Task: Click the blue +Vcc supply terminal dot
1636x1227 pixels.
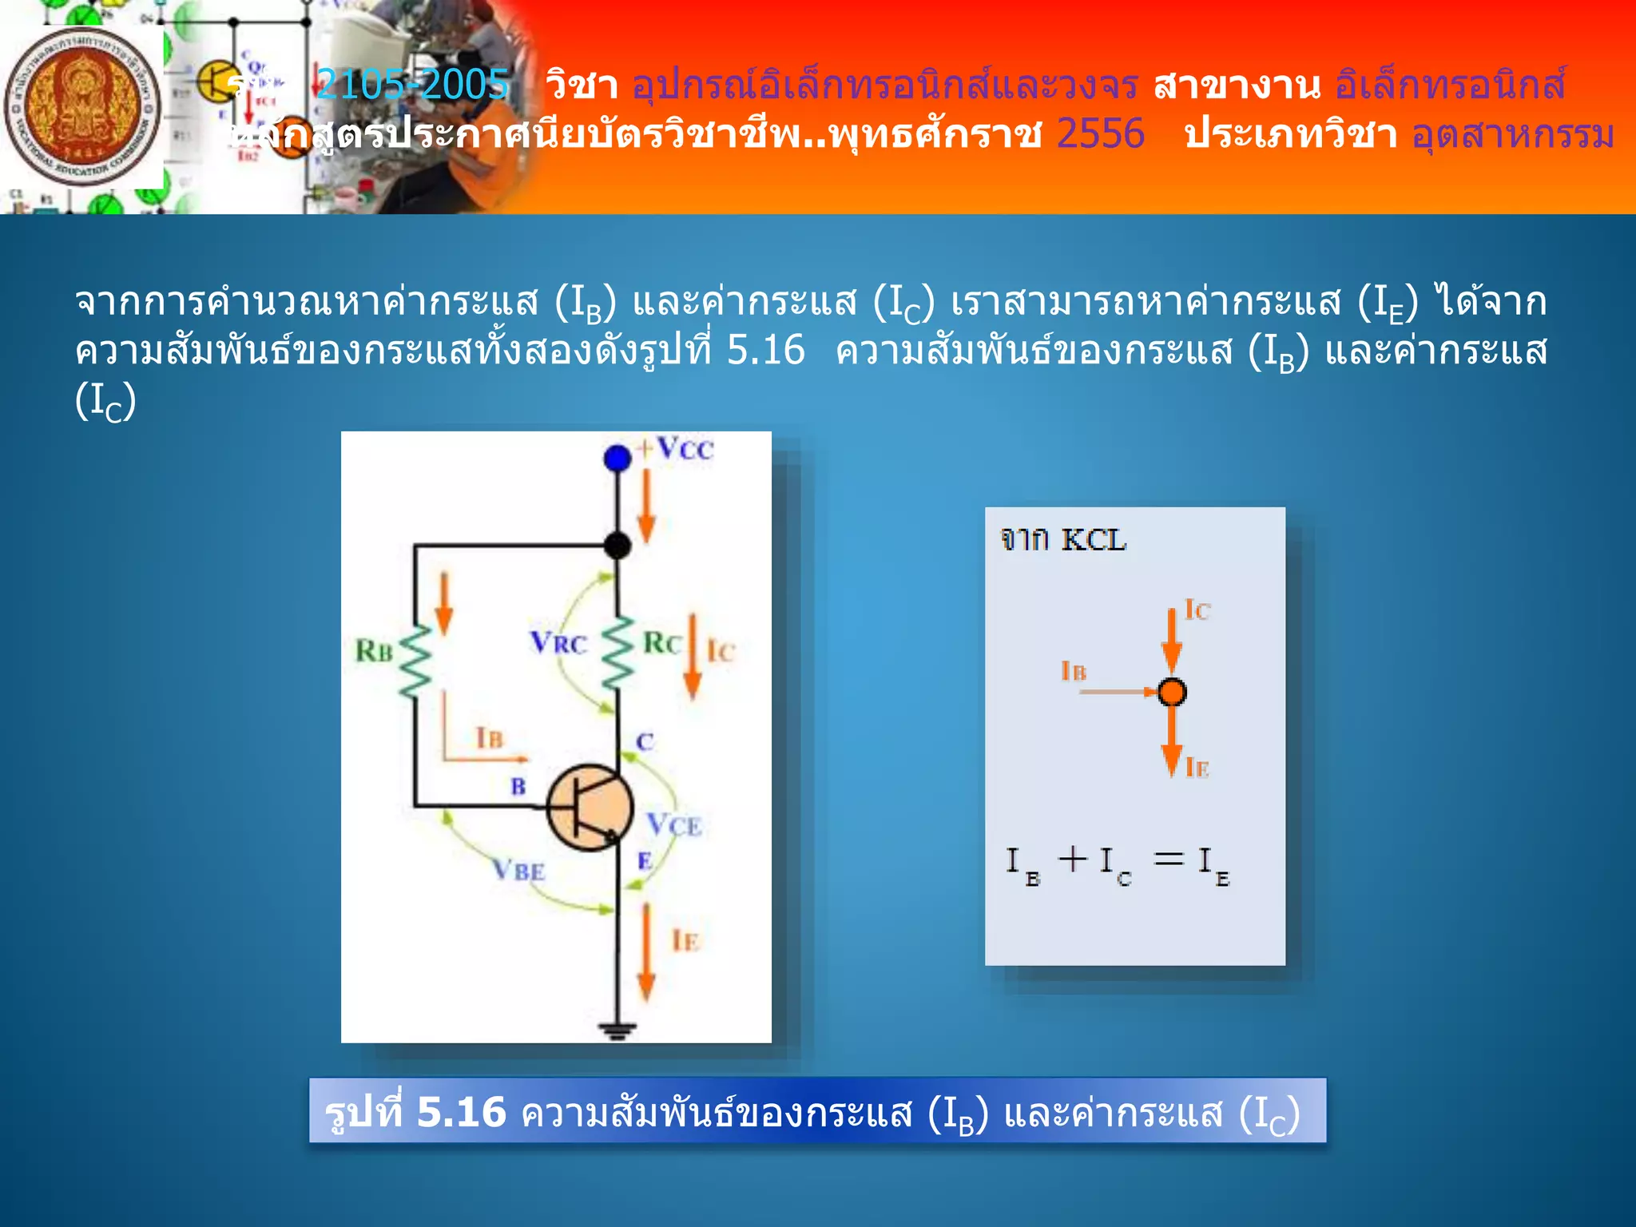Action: click(617, 459)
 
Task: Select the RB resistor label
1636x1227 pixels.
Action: click(374, 651)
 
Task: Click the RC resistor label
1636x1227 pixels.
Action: click(662, 643)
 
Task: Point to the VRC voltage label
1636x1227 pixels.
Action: click(558, 642)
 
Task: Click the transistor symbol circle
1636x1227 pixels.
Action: click(590, 808)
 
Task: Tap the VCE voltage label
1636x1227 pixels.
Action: click(674, 824)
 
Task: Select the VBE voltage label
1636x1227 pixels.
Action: click(518, 870)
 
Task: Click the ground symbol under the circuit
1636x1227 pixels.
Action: click(617, 1030)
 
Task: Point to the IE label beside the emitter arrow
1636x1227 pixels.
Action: click(685, 940)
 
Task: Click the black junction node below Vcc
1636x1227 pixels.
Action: click(617, 546)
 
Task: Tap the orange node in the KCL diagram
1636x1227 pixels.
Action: click(1172, 692)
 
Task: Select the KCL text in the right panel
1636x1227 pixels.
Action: click(1094, 541)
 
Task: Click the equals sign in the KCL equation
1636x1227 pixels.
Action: click(1169, 860)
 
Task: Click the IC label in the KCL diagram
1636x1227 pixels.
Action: click(1197, 610)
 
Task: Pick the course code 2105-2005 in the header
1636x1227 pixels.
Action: click(412, 84)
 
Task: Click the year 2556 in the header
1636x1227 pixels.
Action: click(1100, 133)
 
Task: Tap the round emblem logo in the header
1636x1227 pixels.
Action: click(82, 108)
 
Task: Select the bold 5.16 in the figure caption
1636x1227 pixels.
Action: click(462, 1111)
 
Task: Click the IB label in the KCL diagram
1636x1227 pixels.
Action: click(1074, 671)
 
